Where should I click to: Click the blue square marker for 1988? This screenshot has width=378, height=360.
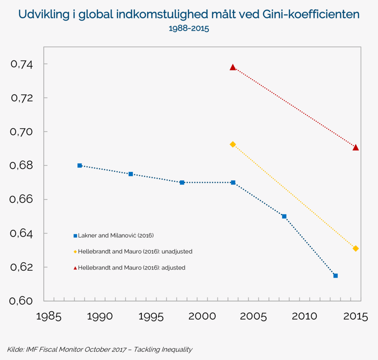79,166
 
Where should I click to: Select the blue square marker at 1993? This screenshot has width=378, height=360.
131,174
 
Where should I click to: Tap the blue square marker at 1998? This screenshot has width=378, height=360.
182,183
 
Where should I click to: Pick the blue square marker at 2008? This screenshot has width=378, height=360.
284,217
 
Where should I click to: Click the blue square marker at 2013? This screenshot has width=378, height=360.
336,276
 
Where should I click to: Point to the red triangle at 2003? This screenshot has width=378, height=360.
233,67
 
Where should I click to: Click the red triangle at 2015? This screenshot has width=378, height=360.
355,148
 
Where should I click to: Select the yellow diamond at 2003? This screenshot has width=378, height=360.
233,144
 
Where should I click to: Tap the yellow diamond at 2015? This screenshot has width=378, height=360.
355,249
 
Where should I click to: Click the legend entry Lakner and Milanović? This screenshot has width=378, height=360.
116,235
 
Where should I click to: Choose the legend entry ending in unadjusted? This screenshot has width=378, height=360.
135,252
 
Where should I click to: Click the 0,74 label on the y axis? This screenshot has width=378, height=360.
22,64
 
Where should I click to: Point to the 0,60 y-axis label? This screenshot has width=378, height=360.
22,301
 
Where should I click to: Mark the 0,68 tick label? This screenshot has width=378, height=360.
22,166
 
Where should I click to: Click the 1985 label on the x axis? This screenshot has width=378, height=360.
49,316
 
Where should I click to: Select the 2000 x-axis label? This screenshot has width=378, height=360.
202,316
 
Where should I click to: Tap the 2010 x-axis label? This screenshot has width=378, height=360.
305,316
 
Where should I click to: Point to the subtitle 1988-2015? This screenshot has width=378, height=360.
189,28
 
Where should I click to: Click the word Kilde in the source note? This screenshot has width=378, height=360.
14,349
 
